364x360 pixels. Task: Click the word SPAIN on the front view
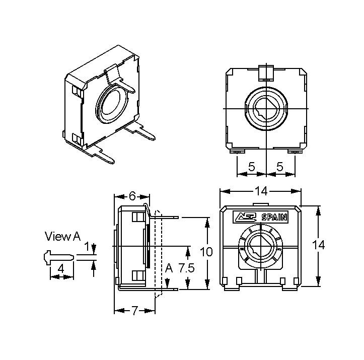274,217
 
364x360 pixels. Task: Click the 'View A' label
62,236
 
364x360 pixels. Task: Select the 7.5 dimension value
186,268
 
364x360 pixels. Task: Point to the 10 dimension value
206,252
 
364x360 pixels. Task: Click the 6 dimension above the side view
132,196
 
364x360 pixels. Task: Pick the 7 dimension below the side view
134,310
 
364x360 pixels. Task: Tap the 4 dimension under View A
61,269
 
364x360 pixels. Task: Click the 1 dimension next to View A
87,247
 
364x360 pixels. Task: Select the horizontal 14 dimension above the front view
261,191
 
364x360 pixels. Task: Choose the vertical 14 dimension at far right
318,245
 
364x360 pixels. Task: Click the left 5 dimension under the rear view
252,167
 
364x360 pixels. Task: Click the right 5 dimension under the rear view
280,167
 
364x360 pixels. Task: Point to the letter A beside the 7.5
169,268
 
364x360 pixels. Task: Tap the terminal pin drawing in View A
59,257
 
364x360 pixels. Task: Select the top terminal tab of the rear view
266,73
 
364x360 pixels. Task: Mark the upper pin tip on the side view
178,218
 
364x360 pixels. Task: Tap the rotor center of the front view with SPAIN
260,246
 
